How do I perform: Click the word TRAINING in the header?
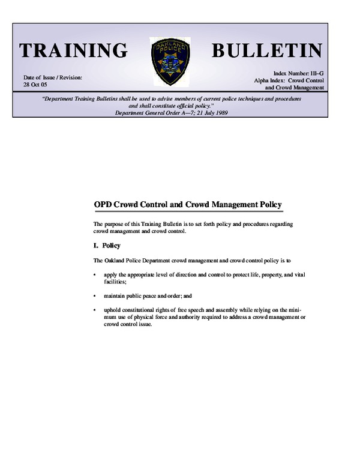pyautogui.click(x=73, y=50)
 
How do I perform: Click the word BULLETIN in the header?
pyautogui.click(x=268, y=50)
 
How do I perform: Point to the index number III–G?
pyautogui.click(x=314, y=72)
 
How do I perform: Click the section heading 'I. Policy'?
pyautogui.click(x=107, y=245)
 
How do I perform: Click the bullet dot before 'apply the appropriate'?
pyautogui.click(x=95, y=274)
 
